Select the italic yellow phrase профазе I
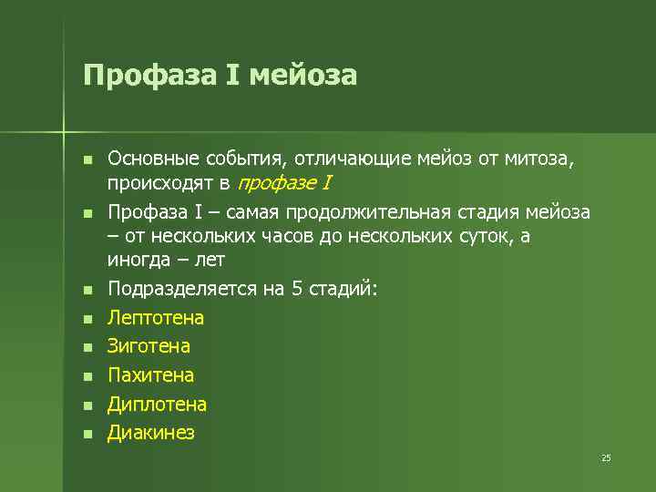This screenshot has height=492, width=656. tap(283, 183)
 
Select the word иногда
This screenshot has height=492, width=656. tap(137, 260)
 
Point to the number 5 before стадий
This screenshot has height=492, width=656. tap(296, 289)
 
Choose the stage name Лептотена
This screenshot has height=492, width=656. tap(156, 318)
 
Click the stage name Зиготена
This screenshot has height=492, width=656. tap(149, 346)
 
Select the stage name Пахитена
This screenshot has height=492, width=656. tap(151, 375)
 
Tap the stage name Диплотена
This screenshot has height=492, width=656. tap(158, 404)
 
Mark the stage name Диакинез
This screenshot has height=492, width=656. tap(151, 433)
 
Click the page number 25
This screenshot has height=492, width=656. tap(606, 457)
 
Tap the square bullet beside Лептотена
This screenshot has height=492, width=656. tap(87, 320)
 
